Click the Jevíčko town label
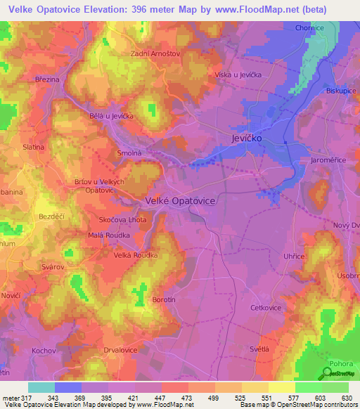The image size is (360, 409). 247,139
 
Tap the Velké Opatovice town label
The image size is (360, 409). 180,200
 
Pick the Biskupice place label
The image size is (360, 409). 343,91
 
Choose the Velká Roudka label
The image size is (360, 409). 136,255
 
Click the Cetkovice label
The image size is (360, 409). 266,308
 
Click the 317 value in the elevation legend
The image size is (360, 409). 20,397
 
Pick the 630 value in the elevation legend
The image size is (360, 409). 347,397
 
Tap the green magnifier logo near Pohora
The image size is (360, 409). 328,373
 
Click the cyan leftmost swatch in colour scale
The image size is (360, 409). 41,387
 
